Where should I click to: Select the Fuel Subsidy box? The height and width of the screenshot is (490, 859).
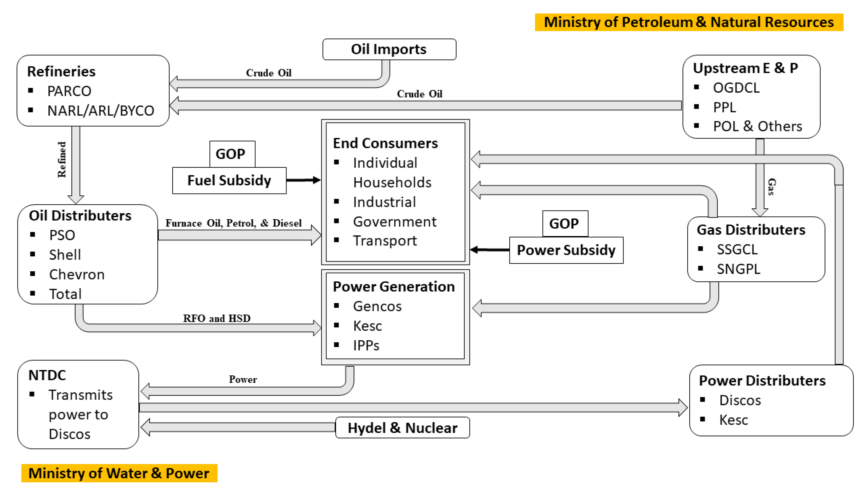pos(229,180)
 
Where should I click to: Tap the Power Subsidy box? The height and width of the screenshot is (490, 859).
pos(566,250)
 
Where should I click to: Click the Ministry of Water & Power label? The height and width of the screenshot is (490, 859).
pos(119,473)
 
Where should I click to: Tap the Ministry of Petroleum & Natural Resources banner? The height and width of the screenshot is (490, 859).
pos(688,22)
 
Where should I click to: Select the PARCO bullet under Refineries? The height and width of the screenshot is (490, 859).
pos(69,91)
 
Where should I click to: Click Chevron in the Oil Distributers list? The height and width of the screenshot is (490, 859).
pos(77,275)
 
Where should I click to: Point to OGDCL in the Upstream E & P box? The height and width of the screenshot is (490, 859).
pos(736,88)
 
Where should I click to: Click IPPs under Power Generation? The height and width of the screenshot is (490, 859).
pos(366,346)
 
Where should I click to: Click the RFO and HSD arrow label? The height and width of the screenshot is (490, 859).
pos(216,318)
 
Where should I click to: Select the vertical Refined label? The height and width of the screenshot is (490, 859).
pos(62,159)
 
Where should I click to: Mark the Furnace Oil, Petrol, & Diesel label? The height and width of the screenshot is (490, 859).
pos(233,223)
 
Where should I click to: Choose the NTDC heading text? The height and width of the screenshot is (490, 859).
pos(47,375)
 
